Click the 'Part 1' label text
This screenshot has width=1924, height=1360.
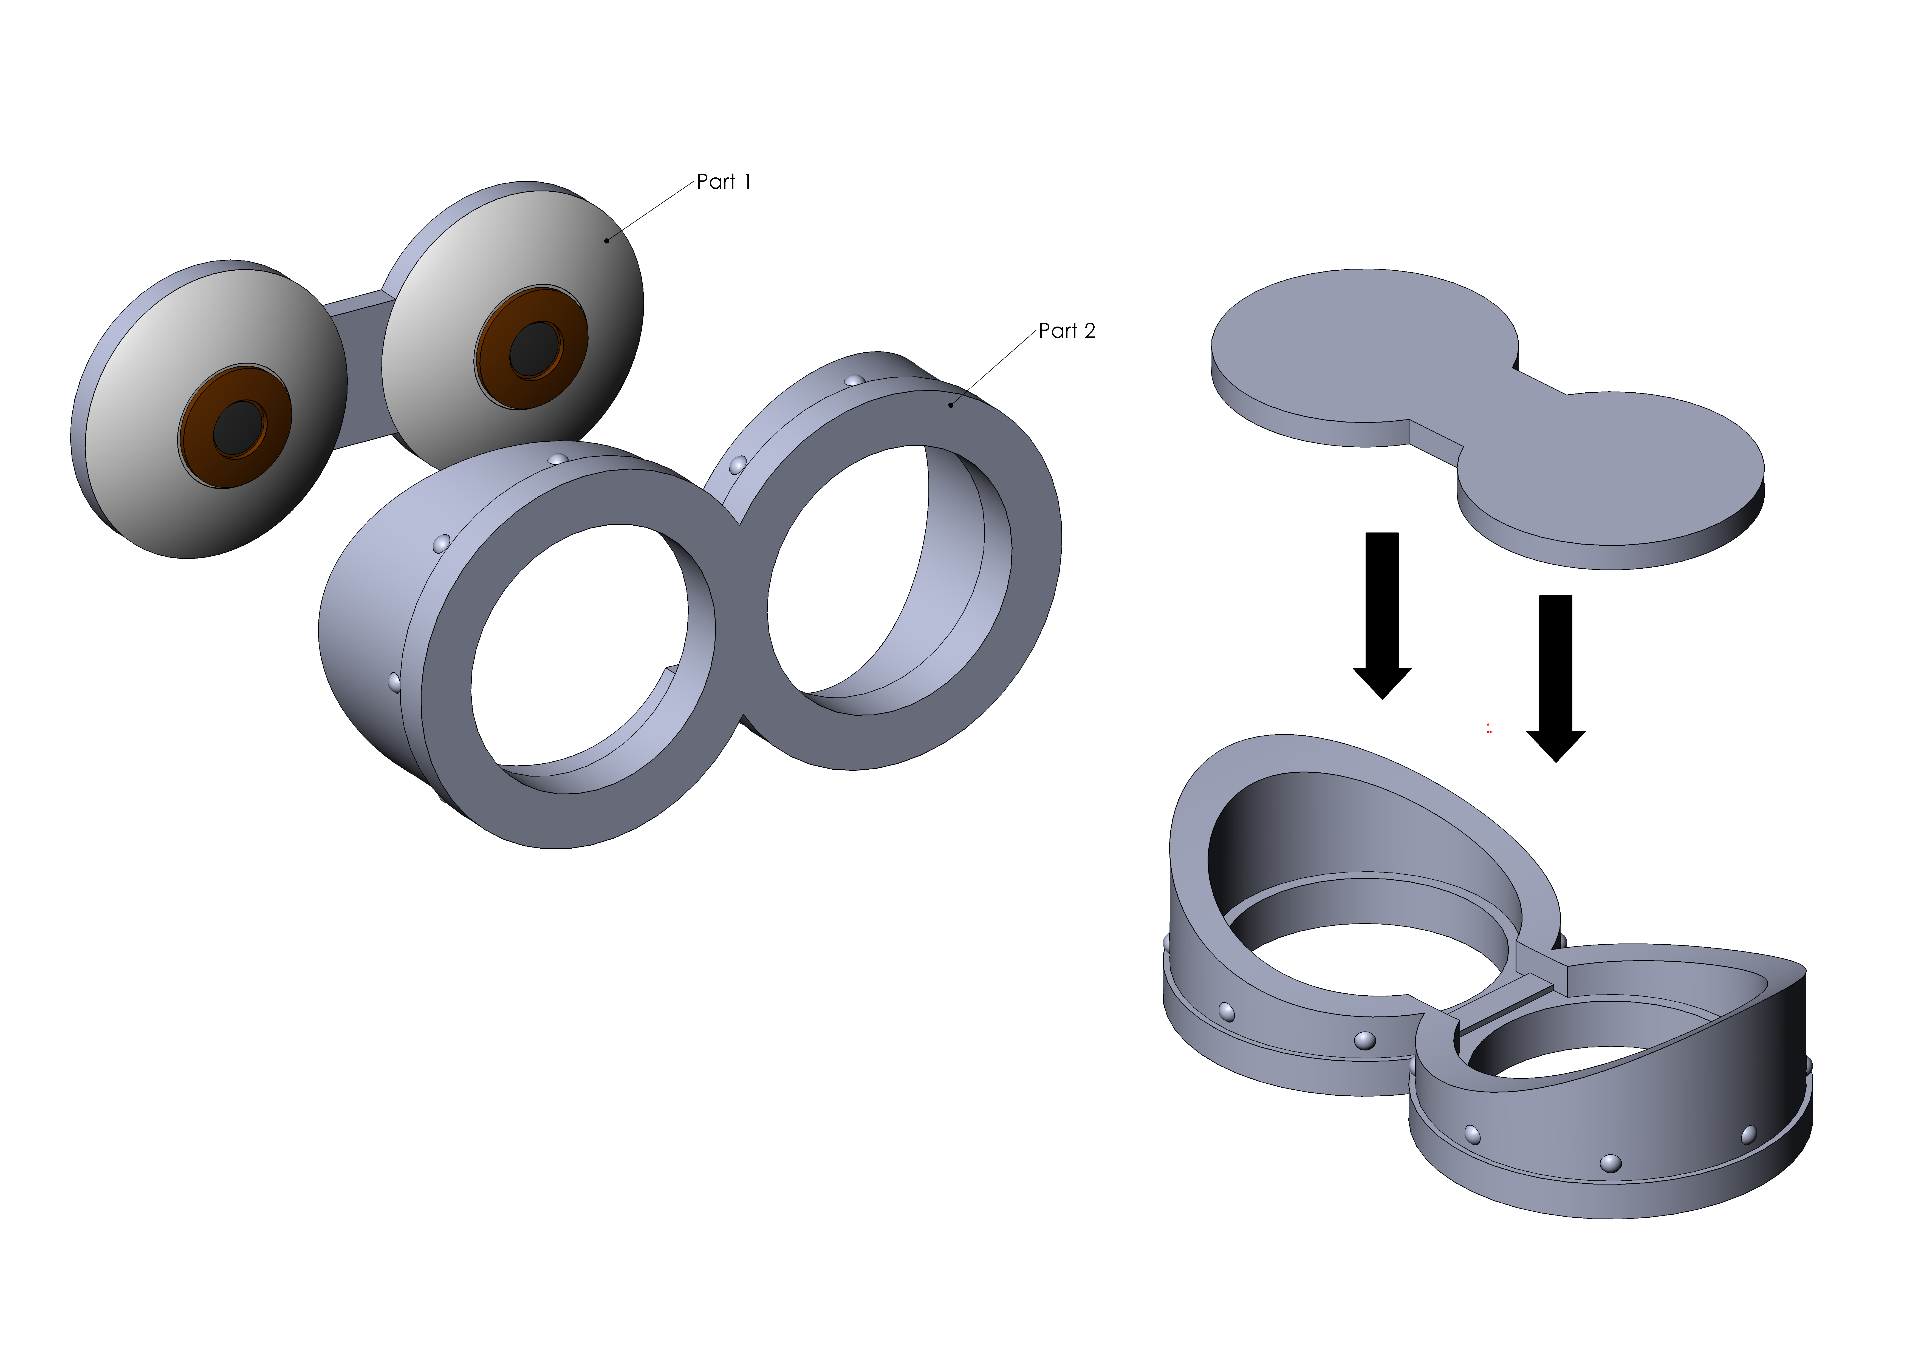[x=724, y=182]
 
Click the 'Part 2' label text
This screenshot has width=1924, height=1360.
[x=1067, y=331]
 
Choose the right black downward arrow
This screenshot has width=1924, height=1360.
[x=1556, y=679]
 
